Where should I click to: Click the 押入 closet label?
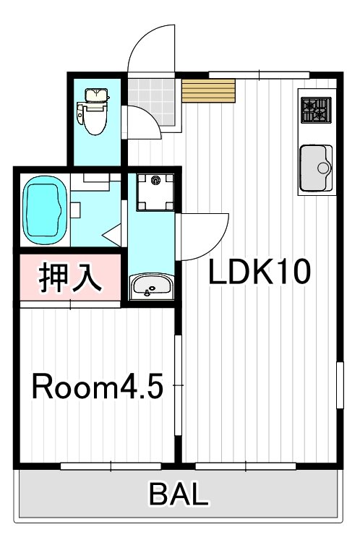(69, 279)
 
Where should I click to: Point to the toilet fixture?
(94, 113)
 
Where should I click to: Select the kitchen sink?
(316, 168)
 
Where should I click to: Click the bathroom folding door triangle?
(113, 236)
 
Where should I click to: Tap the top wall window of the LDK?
(259, 74)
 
